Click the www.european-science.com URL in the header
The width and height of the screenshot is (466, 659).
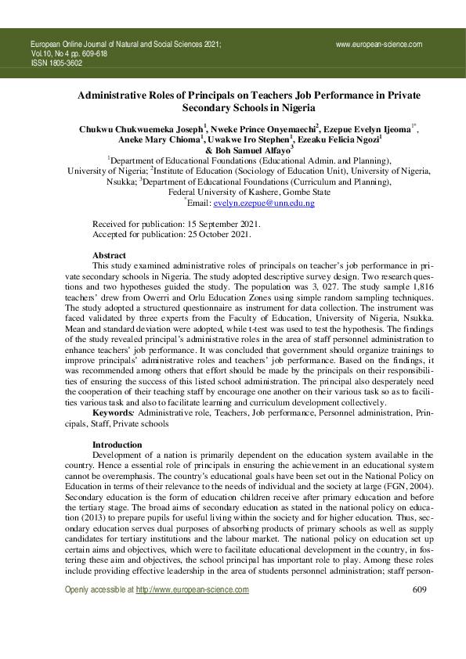coord(379,45)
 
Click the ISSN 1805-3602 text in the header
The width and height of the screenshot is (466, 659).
coord(56,63)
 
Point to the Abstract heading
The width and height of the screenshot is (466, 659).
coord(110,255)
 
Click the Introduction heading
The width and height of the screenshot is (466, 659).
coord(117,445)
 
